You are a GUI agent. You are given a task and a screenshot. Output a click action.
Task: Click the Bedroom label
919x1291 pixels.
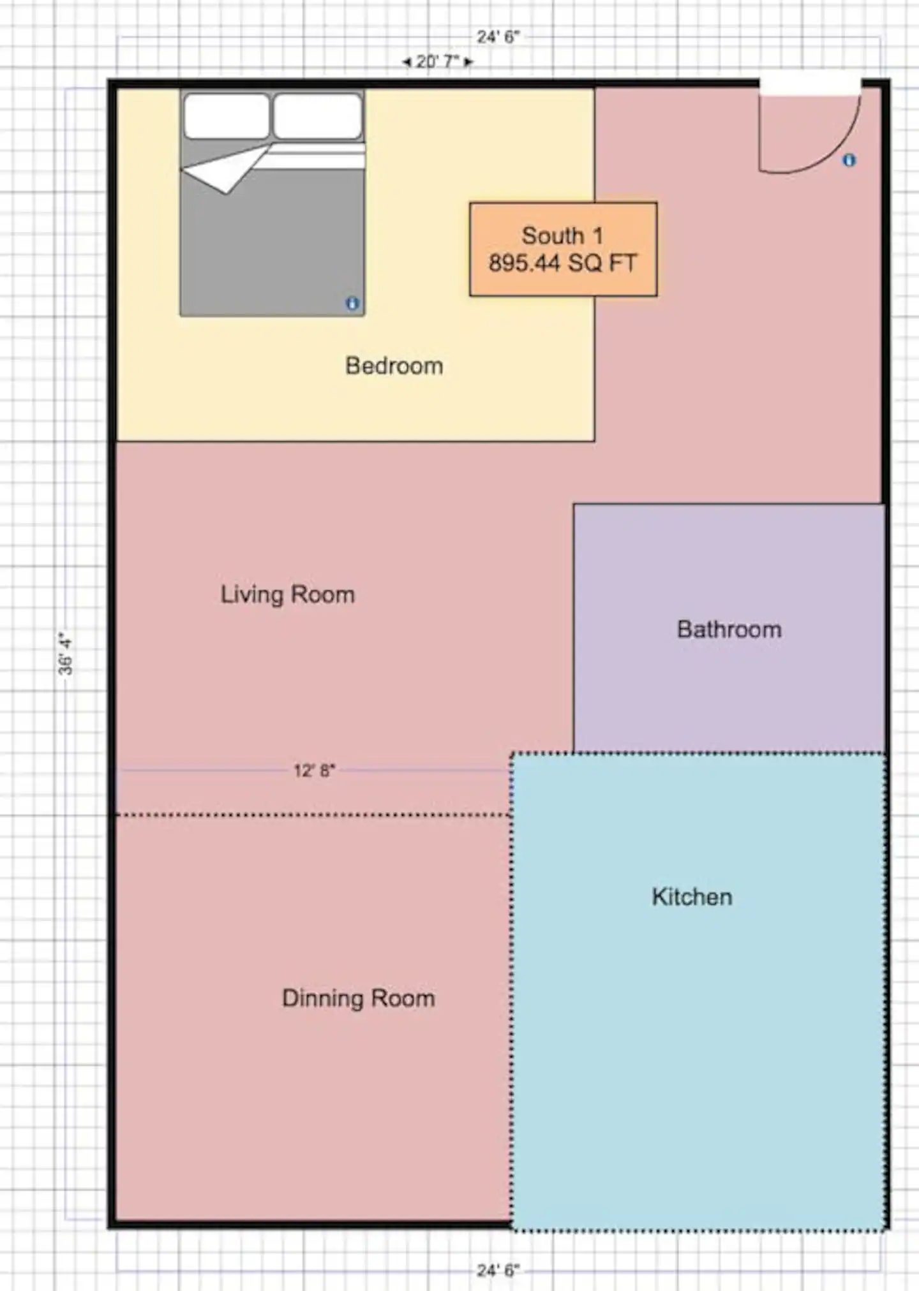(394, 366)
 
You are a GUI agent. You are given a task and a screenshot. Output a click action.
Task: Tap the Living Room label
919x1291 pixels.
(287, 594)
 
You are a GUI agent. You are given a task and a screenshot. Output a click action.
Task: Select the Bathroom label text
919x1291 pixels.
(729, 630)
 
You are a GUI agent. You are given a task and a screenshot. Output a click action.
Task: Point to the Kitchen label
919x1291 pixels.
(692, 897)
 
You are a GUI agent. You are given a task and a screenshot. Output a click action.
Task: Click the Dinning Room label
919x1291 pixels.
(358, 998)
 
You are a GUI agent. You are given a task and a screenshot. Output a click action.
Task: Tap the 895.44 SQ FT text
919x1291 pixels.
(563, 263)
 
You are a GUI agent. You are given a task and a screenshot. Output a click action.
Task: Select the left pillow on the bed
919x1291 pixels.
(227, 116)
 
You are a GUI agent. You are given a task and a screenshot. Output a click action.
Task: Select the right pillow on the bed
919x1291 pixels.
(318, 116)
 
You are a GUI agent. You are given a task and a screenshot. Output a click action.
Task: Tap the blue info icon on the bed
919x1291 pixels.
(352, 304)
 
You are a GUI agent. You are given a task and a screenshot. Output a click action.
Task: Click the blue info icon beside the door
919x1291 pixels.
(849, 160)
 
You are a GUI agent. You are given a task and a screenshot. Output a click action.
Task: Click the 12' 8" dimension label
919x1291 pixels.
(314, 771)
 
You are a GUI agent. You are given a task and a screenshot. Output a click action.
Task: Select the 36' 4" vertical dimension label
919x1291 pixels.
(66, 653)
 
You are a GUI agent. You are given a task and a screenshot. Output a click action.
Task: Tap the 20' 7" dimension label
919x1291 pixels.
(438, 62)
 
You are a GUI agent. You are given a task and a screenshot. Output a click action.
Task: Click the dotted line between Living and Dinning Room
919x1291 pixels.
(313, 815)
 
